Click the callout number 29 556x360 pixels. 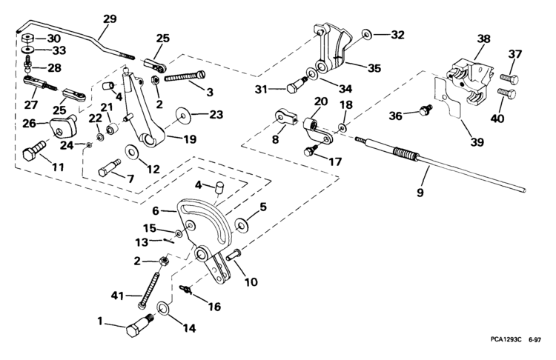point(110,19)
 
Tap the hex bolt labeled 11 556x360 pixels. point(33,151)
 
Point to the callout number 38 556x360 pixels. point(483,39)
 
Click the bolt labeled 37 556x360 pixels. point(509,79)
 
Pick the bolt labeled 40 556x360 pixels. point(507,93)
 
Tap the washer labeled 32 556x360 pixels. point(367,34)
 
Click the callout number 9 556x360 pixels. point(420,193)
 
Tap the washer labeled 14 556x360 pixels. point(164,307)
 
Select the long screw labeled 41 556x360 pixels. point(150,287)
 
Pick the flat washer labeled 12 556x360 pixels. point(133,152)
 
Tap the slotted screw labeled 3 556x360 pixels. point(185,76)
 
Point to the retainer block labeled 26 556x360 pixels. point(64,127)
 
